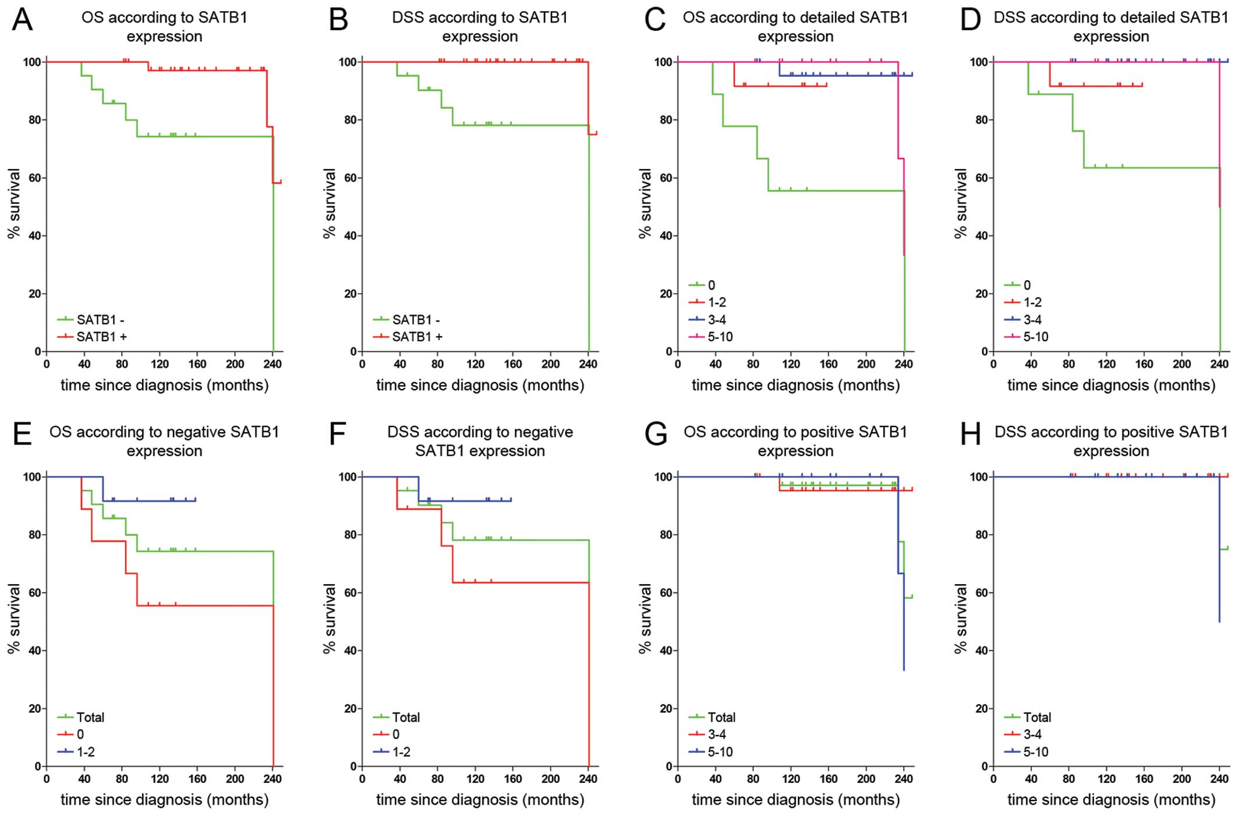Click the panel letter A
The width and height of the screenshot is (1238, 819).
(x=22, y=19)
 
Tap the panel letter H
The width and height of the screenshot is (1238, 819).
(x=970, y=434)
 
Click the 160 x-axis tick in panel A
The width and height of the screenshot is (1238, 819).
(x=197, y=364)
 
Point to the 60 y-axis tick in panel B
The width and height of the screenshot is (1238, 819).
(x=349, y=178)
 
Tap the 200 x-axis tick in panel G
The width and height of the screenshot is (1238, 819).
(x=866, y=779)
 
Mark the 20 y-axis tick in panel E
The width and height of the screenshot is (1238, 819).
(x=34, y=708)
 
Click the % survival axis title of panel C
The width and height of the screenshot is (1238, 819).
(x=645, y=204)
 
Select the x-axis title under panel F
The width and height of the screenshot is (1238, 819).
(x=480, y=800)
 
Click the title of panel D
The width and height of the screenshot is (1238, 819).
(x=1111, y=27)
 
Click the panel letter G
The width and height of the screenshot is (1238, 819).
(x=656, y=434)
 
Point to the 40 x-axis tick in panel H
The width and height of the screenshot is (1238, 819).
(x=1031, y=779)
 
